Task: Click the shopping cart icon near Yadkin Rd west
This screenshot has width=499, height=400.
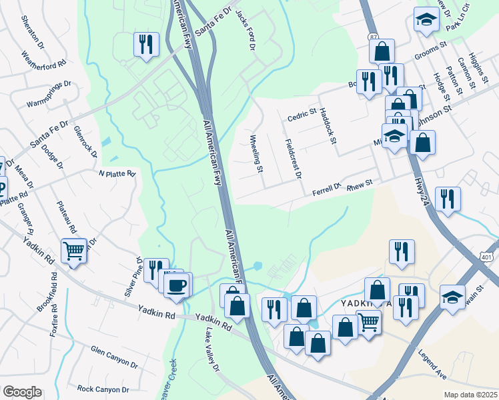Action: (x=74, y=251)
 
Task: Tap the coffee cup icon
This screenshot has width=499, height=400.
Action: (x=177, y=285)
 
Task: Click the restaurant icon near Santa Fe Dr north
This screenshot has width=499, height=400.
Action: (x=146, y=45)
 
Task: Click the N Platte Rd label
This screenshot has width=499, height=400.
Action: (x=117, y=174)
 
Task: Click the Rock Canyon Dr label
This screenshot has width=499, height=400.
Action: (x=103, y=389)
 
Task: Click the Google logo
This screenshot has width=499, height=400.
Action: (x=22, y=392)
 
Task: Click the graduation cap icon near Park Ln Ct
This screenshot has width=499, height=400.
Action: (x=426, y=20)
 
